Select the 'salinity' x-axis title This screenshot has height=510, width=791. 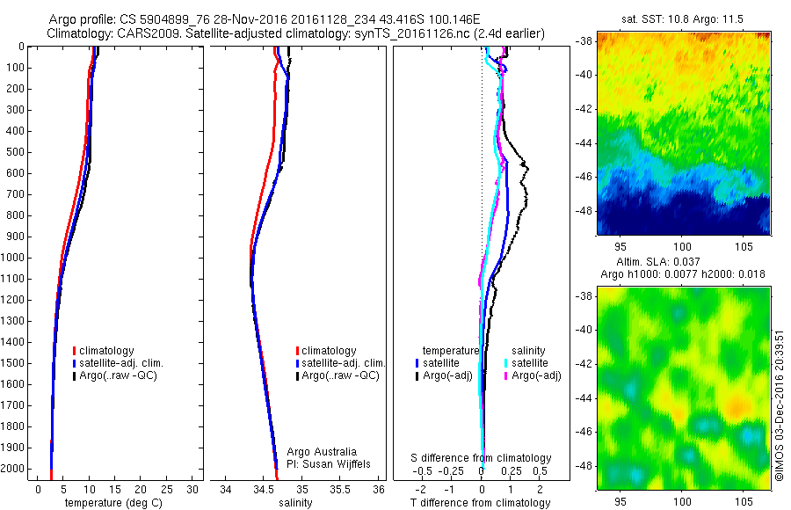[x=294, y=503]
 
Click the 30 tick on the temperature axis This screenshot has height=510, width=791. [x=193, y=489]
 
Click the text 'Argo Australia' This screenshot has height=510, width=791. [x=322, y=452]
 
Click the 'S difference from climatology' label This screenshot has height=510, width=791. [x=482, y=458]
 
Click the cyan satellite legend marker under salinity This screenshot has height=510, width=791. [x=506, y=363]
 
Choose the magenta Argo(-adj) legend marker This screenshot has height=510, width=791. [x=506, y=375]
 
